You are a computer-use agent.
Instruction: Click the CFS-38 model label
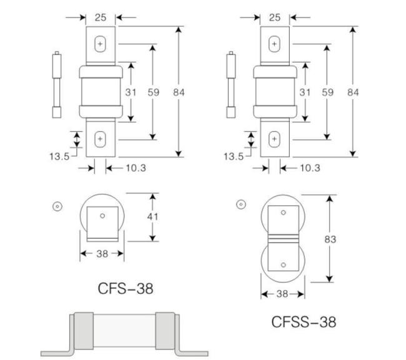click(125, 288)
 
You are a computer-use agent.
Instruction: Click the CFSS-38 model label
click(304, 322)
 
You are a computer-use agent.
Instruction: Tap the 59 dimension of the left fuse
click(152, 92)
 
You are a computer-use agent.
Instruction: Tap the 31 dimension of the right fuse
click(304, 92)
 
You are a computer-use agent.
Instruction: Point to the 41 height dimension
click(152, 217)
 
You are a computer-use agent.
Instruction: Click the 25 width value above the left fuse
click(100, 17)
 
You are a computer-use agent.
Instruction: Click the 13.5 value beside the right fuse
click(234, 156)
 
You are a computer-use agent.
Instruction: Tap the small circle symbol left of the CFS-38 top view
click(57, 207)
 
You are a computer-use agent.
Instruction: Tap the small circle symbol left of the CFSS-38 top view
click(240, 205)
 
